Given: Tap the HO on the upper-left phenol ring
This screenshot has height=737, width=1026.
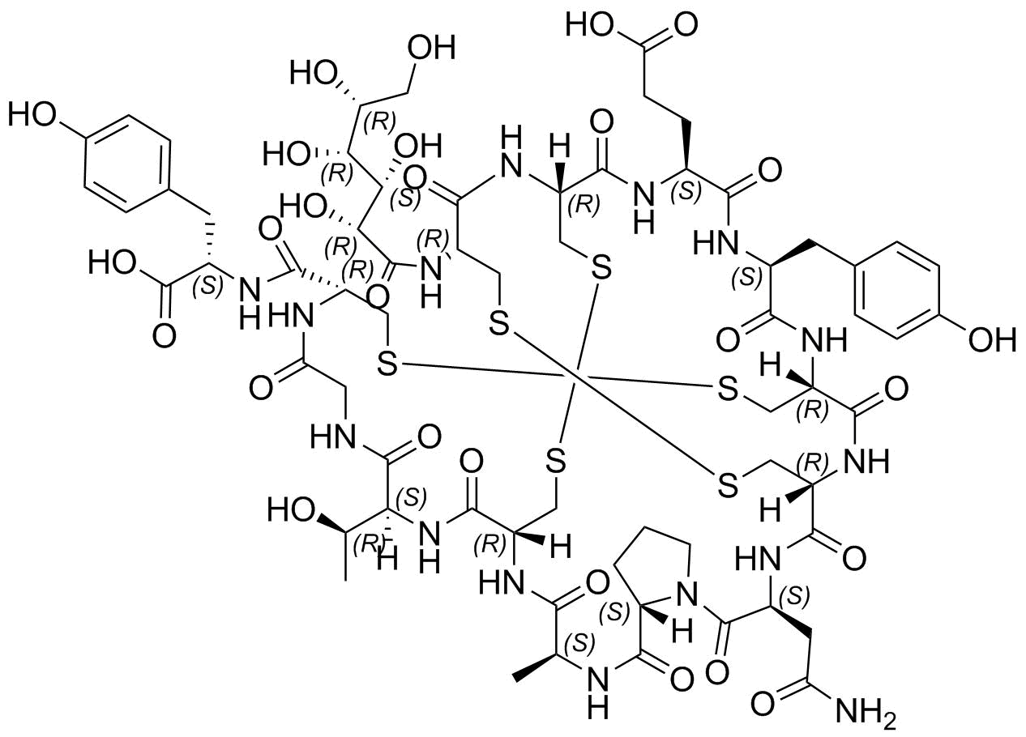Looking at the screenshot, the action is coord(32,114).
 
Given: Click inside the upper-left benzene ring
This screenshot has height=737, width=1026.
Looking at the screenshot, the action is coord(128,164).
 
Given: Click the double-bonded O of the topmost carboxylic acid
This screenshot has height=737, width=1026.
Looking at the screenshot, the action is coord(684,24).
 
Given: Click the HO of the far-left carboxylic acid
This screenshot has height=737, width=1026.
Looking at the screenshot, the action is coord(113,262).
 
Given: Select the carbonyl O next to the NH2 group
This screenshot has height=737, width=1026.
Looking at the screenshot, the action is coord(763,705).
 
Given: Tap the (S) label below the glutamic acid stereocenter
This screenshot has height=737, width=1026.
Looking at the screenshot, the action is coord(686,191).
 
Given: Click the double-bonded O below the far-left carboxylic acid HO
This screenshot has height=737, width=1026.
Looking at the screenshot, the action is coord(164,336).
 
